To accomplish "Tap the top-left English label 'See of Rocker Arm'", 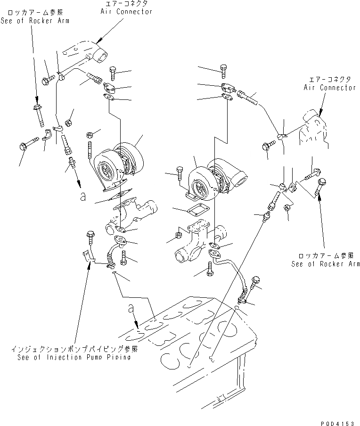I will [35, 21].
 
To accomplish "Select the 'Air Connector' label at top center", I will [126, 11].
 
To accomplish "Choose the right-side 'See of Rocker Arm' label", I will [325, 264].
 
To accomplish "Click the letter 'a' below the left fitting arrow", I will [83, 197].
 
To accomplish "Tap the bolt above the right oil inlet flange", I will [224, 70].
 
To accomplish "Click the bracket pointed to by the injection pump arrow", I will [87, 257].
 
